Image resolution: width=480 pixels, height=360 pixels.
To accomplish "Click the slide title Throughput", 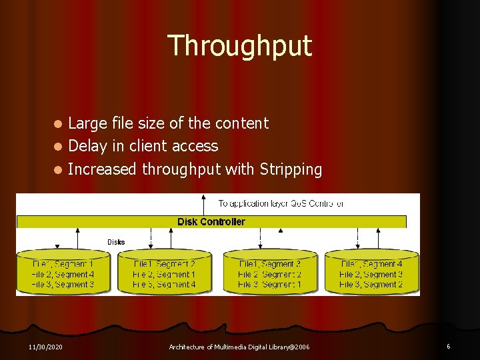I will pyautogui.click(x=239, y=45).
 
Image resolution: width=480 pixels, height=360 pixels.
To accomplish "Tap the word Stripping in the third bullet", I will pyautogui.click(x=289, y=170).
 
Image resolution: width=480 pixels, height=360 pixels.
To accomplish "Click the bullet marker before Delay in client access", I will pyautogui.click(x=59, y=147).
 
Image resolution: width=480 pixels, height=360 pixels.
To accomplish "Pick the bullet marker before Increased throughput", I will pyautogui.click(x=59, y=170).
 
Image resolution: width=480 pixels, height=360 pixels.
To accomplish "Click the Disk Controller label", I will pyautogui.click(x=211, y=222).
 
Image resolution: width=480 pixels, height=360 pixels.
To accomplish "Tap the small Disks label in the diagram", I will pyautogui.click(x=116, y=242).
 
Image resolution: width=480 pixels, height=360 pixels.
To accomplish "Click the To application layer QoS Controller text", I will pyautogui.click(x=281, y=203).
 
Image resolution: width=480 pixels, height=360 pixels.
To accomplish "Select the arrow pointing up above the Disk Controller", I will pyautogui.click(x=203, y=203).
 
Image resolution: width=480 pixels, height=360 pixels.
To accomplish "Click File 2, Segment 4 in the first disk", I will pyautogui.click(x=63, y=275).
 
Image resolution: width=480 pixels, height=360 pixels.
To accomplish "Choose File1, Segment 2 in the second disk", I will pyautogui.click(x=165, y=265).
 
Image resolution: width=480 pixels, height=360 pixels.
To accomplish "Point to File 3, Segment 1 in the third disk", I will pyautogui.click(x=270, y=285).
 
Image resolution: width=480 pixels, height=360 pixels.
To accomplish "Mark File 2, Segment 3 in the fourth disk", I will pyautogui.click(x=371, y=275).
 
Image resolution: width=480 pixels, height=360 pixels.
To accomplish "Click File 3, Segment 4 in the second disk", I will pyautogui.click(x=165, y=285).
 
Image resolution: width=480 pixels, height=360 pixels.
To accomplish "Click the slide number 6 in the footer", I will pyautogui.click(x=449, y=347).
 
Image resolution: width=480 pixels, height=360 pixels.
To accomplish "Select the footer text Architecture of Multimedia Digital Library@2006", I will pyautogui.click(x=239, y=347).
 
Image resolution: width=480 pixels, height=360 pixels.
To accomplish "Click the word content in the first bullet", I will pyautogui.click(x=244, y=123).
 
